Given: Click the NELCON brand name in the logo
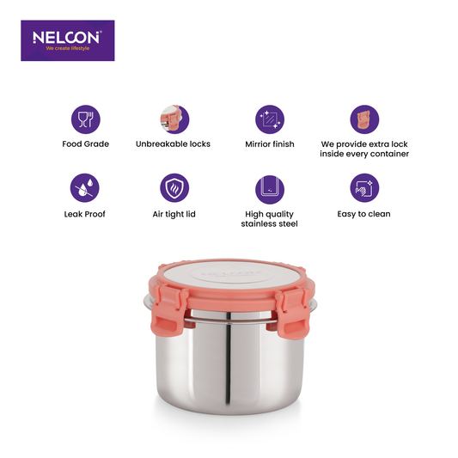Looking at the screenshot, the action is pos(67,37).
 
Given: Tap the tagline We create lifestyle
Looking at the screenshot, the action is pos(68,48).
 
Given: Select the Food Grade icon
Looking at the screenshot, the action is pos(86,119).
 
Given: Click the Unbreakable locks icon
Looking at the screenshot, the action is pos(174,119).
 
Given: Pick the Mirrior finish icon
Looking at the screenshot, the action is pos(270,119).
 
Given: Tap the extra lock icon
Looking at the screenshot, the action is pos(364,119).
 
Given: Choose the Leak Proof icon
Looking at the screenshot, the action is pos(85,188).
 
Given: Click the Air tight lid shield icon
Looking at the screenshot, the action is pos(174,188).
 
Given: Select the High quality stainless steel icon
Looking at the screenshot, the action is pos(270,190).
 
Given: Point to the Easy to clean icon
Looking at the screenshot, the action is pos(364,188).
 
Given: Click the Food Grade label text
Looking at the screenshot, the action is pos(86,144).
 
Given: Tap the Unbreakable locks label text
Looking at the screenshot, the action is pos(173,144).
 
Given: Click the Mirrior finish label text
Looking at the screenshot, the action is pos(270,144).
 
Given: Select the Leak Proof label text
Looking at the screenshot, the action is pos(85,214).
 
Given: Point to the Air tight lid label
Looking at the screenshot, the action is pos(174,215).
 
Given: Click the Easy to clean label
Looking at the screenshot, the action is pos(363,215).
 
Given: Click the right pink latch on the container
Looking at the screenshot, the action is pos(292,313).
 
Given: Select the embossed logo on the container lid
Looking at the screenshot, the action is pos(231,275).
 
